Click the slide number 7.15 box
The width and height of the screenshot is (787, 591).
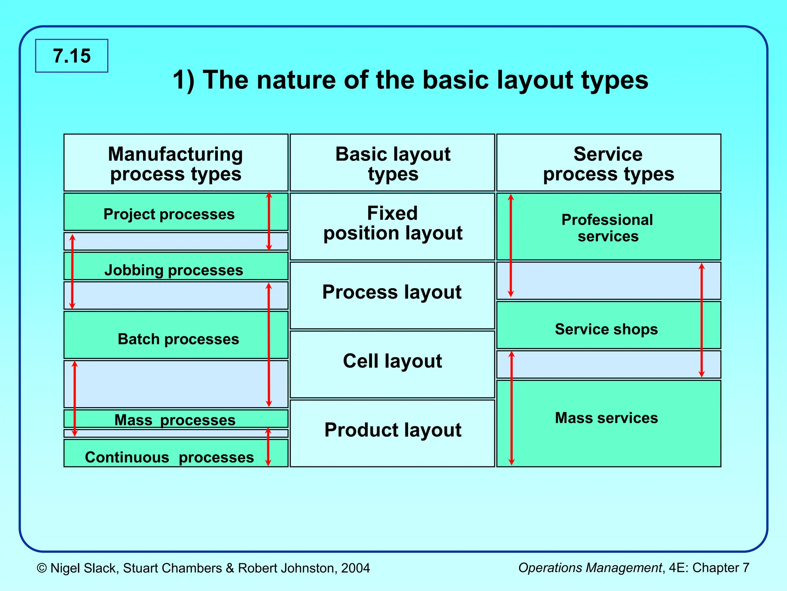(x=72, y=56)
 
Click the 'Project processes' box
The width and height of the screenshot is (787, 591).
(x=169, y=214)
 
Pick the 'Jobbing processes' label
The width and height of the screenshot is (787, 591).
(x=174, y=270)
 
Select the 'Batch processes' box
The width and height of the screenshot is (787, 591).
(x=178, y=339)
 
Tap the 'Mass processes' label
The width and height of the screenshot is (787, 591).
(x=175, y=419)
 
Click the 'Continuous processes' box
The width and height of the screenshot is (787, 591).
(x=169, y=457)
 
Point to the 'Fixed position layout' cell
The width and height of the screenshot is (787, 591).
(x=392, y=224)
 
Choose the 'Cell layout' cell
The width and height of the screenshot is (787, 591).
(x=392, y=361)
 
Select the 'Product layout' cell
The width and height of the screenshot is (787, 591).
(x=392, y=430)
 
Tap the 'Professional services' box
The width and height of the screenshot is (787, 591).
(x=607, y=227)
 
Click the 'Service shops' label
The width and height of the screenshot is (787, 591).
(x=606, y=329)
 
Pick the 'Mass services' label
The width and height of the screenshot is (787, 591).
(x=606, y=418)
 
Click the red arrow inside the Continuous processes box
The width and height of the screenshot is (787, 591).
(x=268, y=448)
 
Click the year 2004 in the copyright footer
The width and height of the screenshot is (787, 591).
(x=355, y=568)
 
